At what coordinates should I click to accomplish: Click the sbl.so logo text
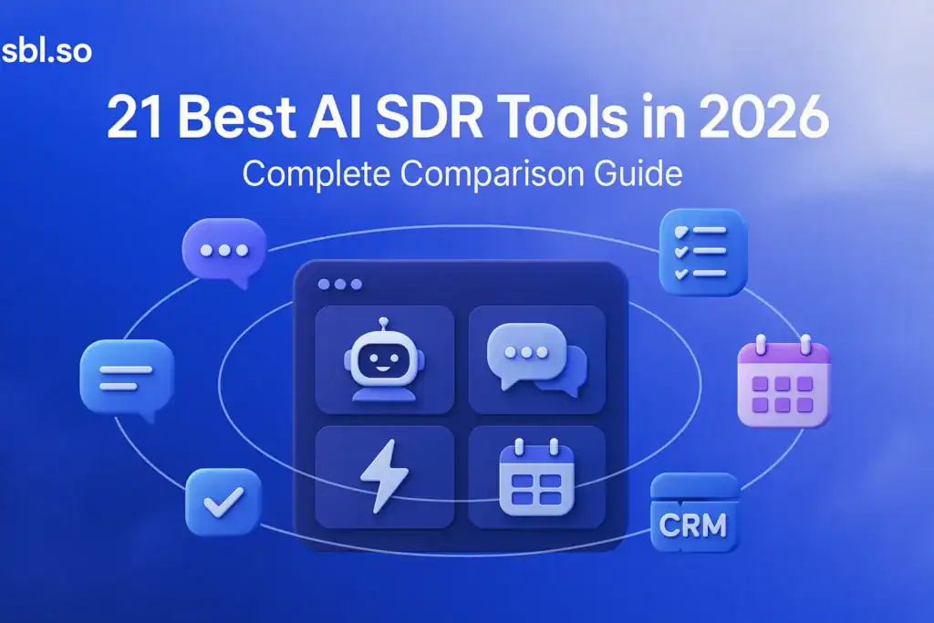click(x=47, y=50)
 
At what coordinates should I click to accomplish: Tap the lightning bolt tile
click(x=384, y=475)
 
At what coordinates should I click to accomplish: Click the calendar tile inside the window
click(x=537, y=475)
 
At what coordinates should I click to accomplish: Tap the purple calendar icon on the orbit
click(x=783, y=382)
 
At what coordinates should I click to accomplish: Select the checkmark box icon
click(x=223, y=501)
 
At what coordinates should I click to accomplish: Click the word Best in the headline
click(x=235, y=120)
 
